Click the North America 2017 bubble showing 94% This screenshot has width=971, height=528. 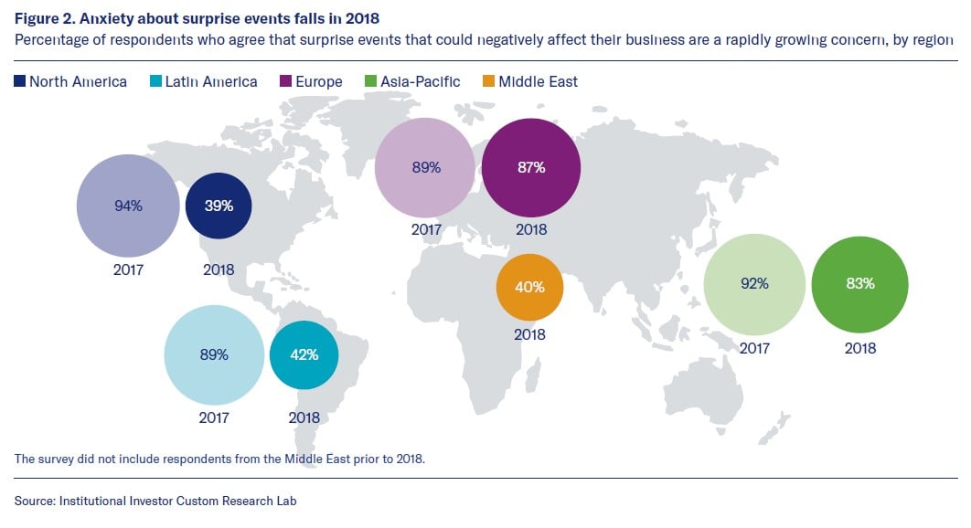(127, 206)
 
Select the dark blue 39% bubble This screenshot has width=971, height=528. (219, 206)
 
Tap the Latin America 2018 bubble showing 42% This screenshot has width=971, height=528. (304, 355)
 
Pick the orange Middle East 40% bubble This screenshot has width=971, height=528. (529, 287)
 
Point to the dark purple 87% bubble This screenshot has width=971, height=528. (530, 167)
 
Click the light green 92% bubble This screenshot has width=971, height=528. (754, 283)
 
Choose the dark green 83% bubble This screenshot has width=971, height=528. (859, 283)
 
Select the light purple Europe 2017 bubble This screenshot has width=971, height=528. (426, 167)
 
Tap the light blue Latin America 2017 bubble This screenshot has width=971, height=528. (214, 355)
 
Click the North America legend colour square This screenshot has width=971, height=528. (20, 81)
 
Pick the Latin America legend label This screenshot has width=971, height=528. (210, 81)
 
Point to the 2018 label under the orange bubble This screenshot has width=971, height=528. (529, 334)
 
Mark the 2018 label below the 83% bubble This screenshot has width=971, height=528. (859, 348)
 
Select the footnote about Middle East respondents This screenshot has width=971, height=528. (219, 458)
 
